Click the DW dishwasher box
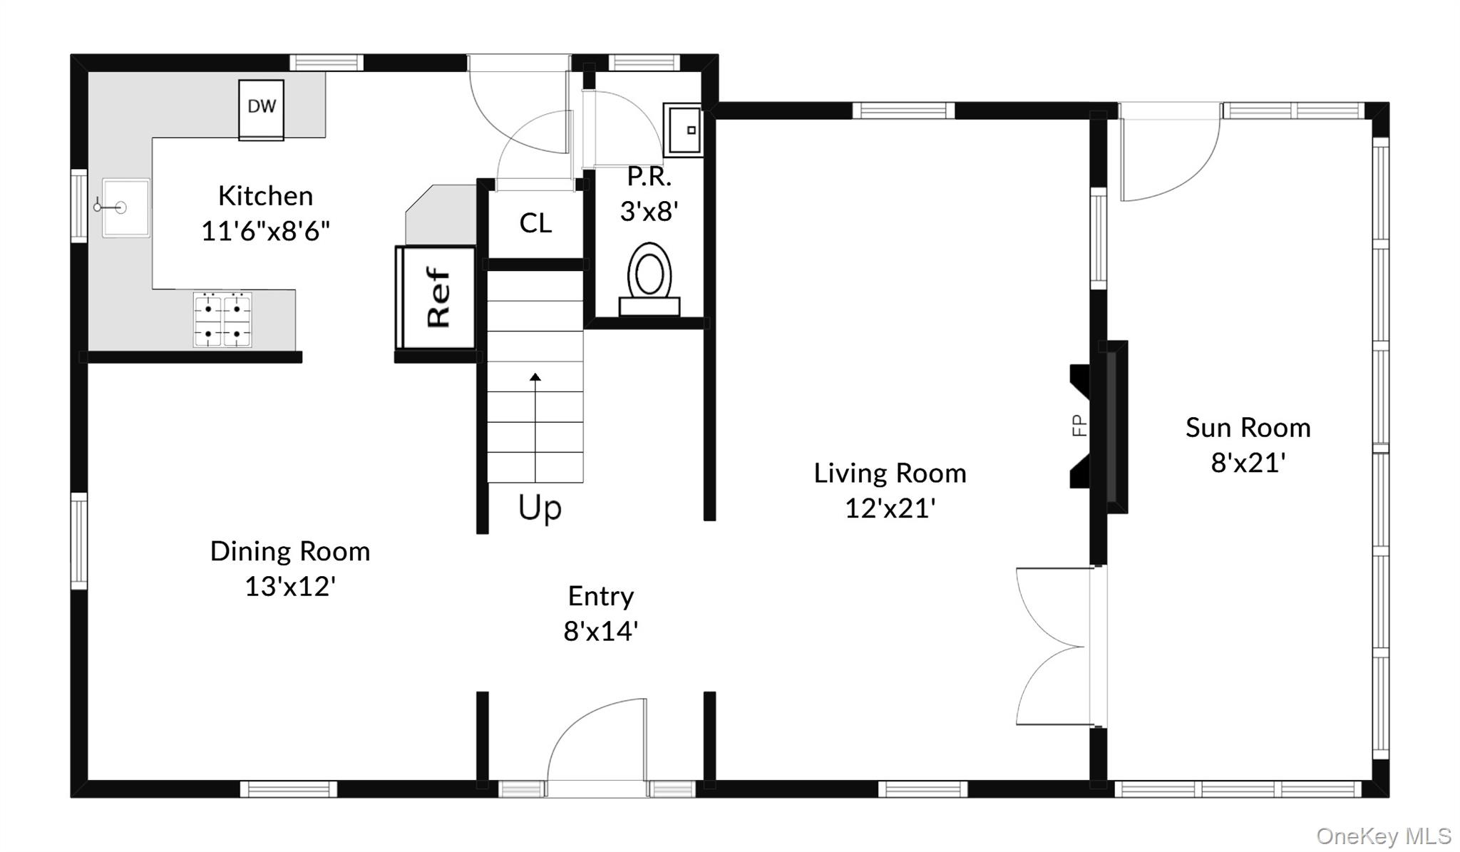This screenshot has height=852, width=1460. coord(261,109)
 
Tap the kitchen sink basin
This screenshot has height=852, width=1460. coord(125,207)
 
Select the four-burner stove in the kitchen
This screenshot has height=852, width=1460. coord(222,319)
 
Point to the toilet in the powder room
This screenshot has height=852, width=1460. coord(649,279)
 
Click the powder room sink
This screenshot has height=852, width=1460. coord(684,130)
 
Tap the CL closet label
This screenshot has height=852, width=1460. coord(535,223)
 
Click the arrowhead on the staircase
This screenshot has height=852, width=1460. coord(535,376)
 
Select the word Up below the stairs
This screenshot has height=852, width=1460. coord(540,508)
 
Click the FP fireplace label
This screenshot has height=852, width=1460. coord(1079,426)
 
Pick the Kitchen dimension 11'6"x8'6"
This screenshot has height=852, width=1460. coord(265,231)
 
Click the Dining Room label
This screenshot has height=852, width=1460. coord(290,551)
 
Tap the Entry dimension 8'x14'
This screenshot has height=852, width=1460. coord(600,631)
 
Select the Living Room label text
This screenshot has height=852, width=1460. coord(890,473)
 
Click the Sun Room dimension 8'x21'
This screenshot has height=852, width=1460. coord(1248,463)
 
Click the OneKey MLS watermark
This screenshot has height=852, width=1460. coord(1383,836)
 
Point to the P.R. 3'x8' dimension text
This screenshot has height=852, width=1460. coord(649,212)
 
